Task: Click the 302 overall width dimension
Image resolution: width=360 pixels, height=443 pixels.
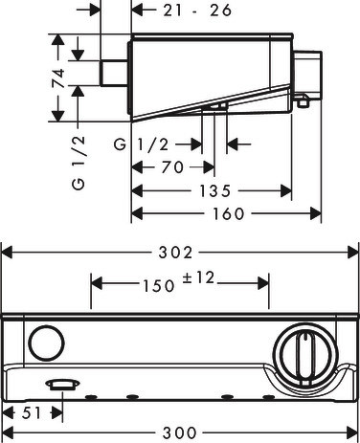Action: [x=176, y=253]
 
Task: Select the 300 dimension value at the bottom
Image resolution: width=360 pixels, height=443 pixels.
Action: [x=180, y=432]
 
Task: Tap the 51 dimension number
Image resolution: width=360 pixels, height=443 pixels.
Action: [x=32, y=413]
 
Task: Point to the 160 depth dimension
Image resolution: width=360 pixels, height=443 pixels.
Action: [x=229, y=213]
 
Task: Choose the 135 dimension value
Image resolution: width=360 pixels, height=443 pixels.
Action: [x=214, y=191]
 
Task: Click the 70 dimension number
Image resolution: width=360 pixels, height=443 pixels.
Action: [x=172, y=167]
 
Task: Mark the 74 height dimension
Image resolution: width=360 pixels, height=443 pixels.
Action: [x=58, y=78]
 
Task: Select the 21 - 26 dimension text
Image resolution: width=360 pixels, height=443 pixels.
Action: [x=197, y=11]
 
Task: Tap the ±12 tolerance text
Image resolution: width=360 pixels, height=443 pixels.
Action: [x=198, y=277]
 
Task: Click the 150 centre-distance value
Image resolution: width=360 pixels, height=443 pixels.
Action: [x=159, y=286]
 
